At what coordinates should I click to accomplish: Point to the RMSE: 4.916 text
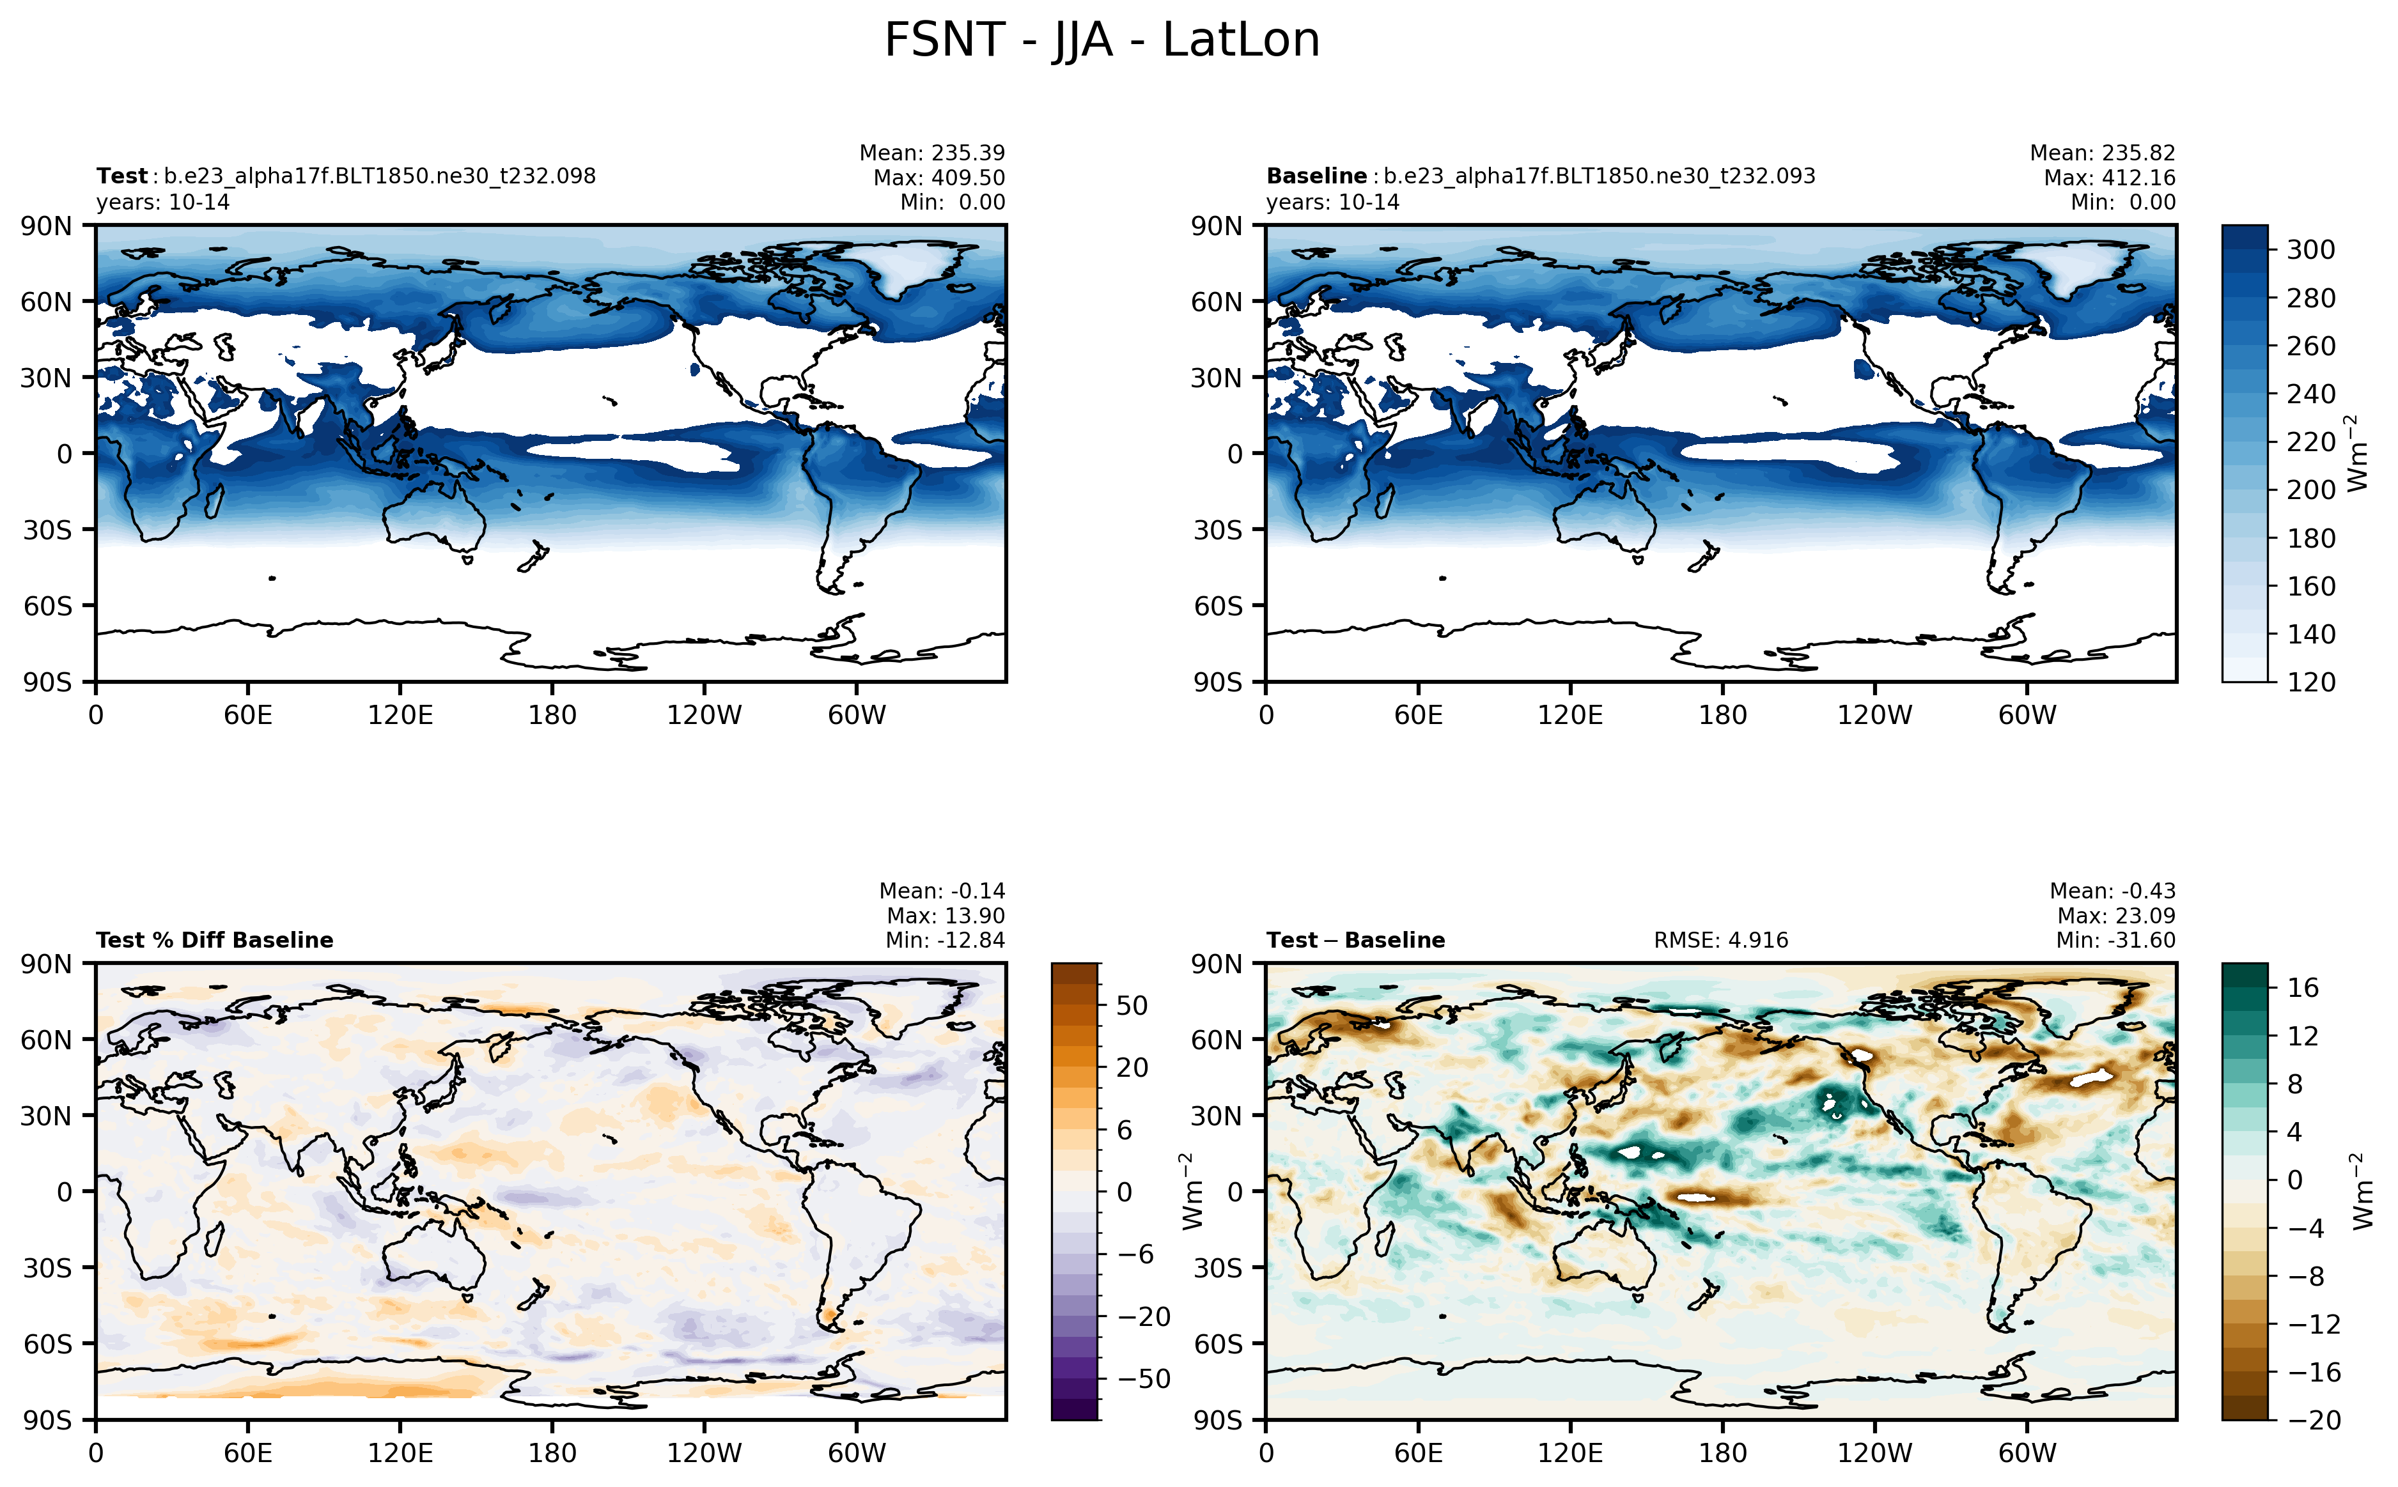coord(1720,940)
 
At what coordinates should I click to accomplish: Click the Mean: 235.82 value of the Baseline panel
coord(2102,153)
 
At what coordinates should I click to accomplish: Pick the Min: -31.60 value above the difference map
coord(2115,940)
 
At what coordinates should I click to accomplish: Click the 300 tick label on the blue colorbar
coord(2310,250)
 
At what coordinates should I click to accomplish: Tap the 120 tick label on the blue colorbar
coord(2310,682)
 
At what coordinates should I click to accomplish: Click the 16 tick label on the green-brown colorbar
coord(2301,987)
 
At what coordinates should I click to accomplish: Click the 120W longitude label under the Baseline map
coord(1874,715)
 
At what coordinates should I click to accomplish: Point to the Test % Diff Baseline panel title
coord(214,940)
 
